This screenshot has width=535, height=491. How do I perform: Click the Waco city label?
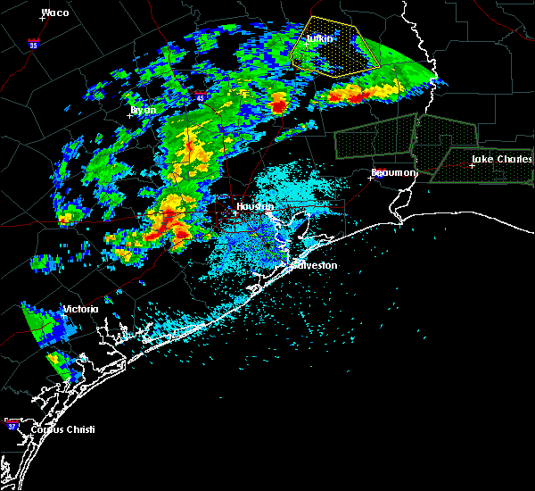tap(55, 12)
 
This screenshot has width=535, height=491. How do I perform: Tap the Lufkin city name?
tap(319, 38)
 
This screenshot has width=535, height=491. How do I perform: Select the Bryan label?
tap(144, 110)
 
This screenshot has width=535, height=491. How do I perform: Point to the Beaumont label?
tap(393, 172)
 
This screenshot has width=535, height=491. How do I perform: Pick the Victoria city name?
tap(79, 310)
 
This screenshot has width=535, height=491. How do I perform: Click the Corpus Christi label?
tap(62, 429)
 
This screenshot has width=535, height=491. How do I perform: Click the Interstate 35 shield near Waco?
tap(33, 43)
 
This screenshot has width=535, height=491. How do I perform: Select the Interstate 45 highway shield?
tap(202, 94)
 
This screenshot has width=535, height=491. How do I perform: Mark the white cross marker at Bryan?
tap(129, 114)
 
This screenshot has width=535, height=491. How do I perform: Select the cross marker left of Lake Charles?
tap(472, 165)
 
